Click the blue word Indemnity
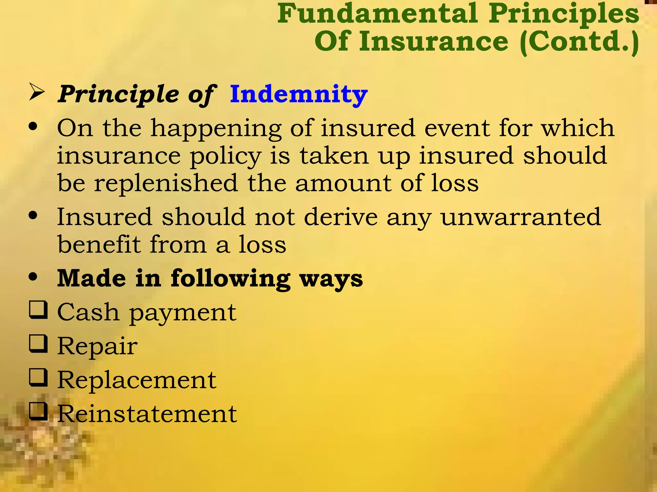[x=298, y=94]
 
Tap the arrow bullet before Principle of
[x=37, y=92]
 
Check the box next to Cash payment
[x=38, y=310]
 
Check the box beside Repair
[x=38, y=344]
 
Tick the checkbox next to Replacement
[x=38, y=378]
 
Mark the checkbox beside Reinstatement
[x=38, y=412]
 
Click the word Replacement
[x=137, y=380]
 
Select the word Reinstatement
[x=147, y=414]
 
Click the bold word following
[x=230, y=278]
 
